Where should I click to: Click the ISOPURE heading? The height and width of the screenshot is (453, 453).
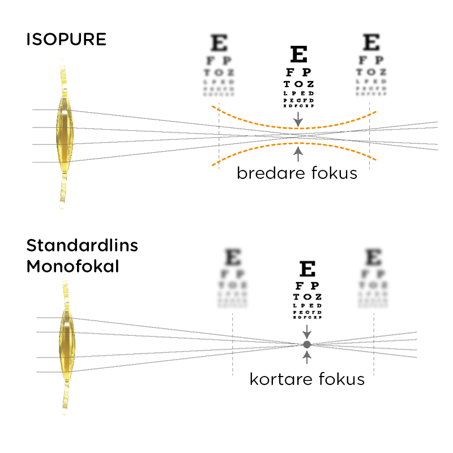[x=66, y=40]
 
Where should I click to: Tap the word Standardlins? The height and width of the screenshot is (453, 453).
[x=82, y=246]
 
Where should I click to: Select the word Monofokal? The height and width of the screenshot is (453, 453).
[x=72, y=266]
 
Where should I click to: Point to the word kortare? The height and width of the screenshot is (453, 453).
[x=277, y=379]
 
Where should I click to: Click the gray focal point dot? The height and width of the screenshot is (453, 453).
[x=307, y=344]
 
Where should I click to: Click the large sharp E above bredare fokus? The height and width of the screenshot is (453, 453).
[x=299, y=54]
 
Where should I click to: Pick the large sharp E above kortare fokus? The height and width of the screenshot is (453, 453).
[x=307, y=269]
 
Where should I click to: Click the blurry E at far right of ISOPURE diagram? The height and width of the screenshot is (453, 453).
[x=371, y=43]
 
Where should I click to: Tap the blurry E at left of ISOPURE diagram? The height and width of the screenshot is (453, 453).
[x=219, y=43]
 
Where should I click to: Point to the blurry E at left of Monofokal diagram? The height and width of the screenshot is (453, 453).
[x=233, y=258]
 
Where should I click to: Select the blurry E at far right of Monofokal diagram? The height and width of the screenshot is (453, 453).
[x=373, y=258]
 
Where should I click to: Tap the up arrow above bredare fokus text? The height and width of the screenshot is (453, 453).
[x=298, y=154]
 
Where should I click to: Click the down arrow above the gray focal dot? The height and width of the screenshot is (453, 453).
[x=307, y=331]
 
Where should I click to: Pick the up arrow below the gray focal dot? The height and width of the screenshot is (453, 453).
[x=307, y=357]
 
